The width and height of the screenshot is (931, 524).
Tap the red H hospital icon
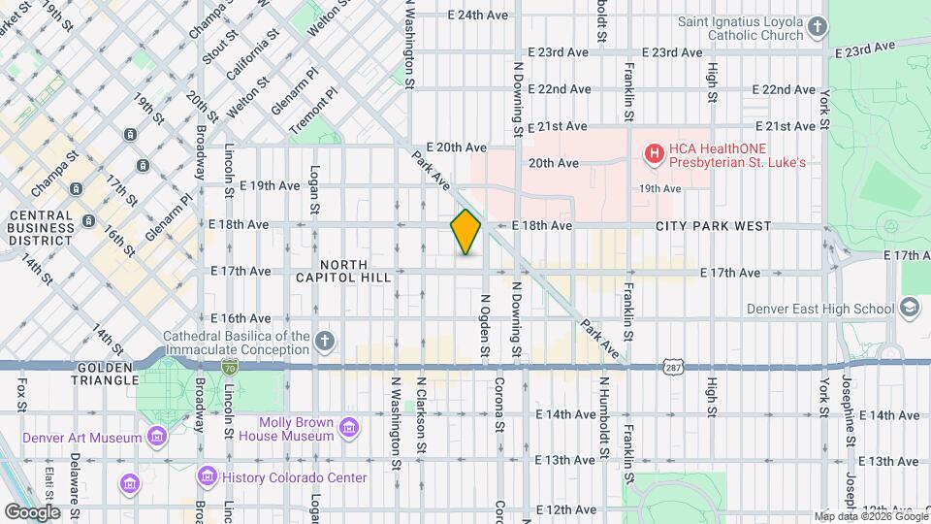point(654,153)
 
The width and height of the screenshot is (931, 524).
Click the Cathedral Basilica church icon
point(325,341)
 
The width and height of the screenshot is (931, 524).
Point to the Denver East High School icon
point(910,309)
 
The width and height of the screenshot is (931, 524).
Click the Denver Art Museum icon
point(156,438)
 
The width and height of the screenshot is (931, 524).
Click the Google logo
point(32,511)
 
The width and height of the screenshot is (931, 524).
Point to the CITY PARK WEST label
point(713,226)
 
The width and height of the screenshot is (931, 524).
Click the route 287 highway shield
point(676,367)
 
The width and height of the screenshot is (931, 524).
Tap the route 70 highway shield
point(229,367)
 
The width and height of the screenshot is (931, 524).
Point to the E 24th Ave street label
point(478,16)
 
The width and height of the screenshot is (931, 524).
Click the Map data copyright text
point(869,516)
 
